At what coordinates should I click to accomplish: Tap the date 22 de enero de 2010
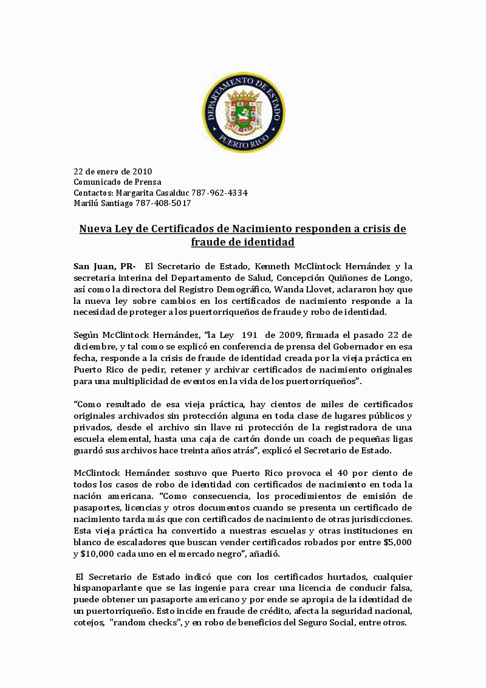pos(113,171)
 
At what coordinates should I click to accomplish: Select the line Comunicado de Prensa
pos(117,182)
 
